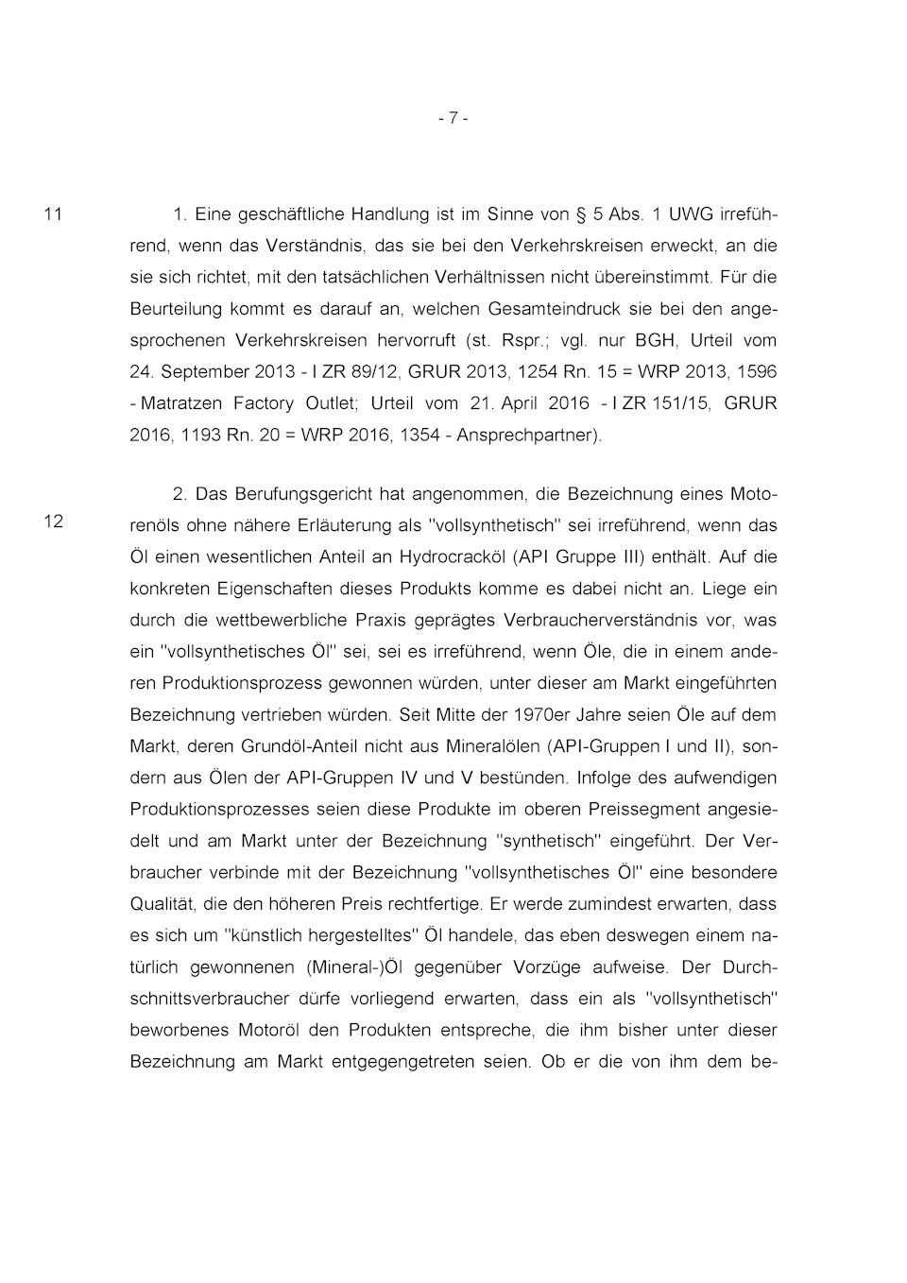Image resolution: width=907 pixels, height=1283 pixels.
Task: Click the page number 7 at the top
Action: (x=453, y=118)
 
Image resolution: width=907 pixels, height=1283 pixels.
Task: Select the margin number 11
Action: (x=54, y=214)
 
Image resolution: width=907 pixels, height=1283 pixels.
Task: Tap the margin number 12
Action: (x=54, y=521)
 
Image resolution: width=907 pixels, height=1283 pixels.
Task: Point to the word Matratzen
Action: (x=182, y=403)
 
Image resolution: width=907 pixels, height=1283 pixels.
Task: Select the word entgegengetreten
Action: (x=403, y=1062)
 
